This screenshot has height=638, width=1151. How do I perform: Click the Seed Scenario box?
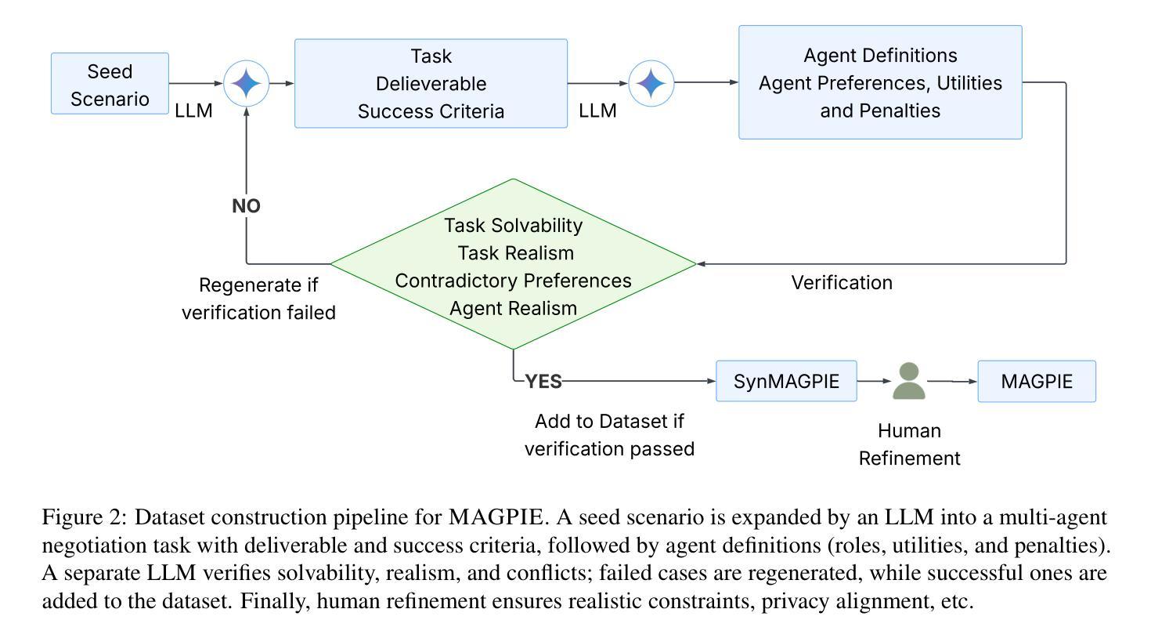pyautogui.click(x=110, y=84)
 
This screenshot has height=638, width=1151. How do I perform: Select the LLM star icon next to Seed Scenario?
pyautogui.click(x=247, y=83)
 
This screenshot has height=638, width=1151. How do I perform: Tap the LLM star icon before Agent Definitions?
pyautogui.click(x=651, y=83)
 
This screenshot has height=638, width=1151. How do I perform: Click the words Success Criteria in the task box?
pyautogui.click(x=431, y=111)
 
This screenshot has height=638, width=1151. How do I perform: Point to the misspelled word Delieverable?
pyautogui.click(x=431, y=84)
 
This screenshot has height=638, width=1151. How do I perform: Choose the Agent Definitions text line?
pyautogui.click(x=880, y=56)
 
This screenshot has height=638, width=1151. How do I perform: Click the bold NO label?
pyautogui.click(x=246, y=206)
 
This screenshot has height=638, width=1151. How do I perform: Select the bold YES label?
pyautogui.click(x=543, y=382)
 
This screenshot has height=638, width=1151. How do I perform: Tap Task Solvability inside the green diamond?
pyautogui.click(x=513, y=226)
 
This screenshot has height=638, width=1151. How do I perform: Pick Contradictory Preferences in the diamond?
pyautogui.click(x=513, y=281)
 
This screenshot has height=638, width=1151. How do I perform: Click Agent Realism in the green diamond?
pyautogui.click(x=513, y=308)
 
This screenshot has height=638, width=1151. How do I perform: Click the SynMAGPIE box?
pyautogui.click(x=786, y=382)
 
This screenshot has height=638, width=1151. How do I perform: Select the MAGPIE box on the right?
pyautogui.click(x=1037, y=382)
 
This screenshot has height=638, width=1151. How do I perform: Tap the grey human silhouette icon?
pyautogui.click(x=909, y=381)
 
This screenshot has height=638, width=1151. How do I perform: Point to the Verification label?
pyautogui.click(x=842, y=283)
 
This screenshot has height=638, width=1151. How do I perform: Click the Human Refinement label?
pyautogui.click(x=909, y=444)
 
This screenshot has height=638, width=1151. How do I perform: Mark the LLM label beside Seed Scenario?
pyautogui.click(x=193, y=111)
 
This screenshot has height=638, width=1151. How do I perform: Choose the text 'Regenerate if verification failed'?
pyautogui.click(x=258, y=299)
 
